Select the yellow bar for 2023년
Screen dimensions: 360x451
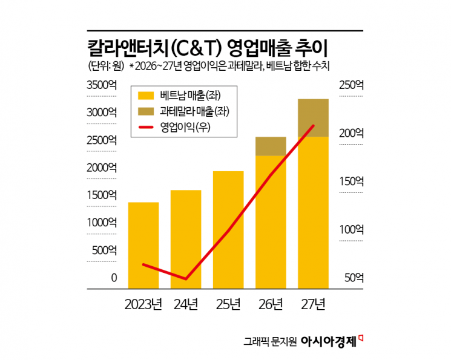click(x=143, y=245)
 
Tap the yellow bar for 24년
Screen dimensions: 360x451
click(x=186, y=239)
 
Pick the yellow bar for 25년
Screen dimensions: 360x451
click(x=228, y=230)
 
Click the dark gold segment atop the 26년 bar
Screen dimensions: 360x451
click(x=271, y=146)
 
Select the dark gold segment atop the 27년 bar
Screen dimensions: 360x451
click(x=313, y=118)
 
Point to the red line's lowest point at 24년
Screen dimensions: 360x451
click(x=186, y=279)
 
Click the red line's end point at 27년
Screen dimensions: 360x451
click(x=313, y=126)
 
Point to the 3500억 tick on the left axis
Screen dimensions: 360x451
click(x=101, y=85)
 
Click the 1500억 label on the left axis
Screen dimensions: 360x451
click(x=101, y=195)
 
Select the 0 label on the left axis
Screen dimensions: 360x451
click(x=113, y=278)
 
